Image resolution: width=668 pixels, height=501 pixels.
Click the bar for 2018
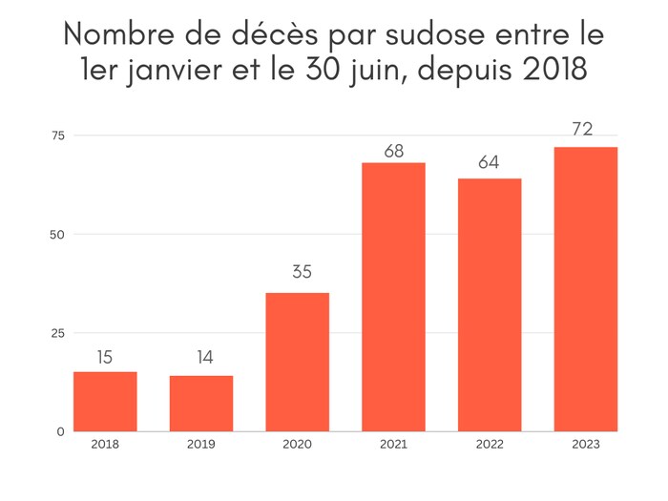tap(105, 402)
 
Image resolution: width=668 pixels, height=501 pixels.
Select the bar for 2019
tap(201, 404)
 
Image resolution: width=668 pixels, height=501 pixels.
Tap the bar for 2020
tap(298, 362)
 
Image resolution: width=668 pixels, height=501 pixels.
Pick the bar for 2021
tap(393, 297)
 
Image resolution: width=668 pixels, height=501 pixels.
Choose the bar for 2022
tap(490, 304)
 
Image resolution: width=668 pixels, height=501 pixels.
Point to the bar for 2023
tap(585, 289)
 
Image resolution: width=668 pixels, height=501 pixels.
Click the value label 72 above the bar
tap(583, 129)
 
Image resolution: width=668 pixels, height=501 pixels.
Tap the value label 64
tap(489, 161)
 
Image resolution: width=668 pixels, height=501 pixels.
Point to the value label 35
tap(301, 272)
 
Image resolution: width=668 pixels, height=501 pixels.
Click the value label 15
tap(105, 358)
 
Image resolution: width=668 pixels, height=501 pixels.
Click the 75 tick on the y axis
tap(57, 136)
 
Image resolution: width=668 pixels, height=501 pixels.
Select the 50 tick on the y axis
tap(57, 234)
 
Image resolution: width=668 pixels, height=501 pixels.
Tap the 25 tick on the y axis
tap(57, 333)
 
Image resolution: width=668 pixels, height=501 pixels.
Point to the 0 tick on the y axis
tap(60, 431)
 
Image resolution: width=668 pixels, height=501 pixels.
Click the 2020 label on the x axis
tap(297, 444)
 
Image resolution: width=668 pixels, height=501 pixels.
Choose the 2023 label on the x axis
tap(585, 444)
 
